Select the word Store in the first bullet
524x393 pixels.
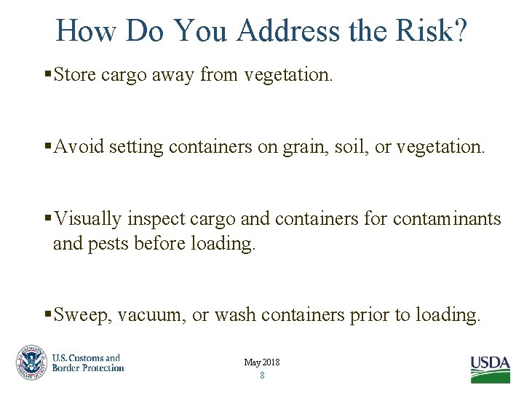[x=76, y=75]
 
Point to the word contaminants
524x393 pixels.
[x=447, y=219]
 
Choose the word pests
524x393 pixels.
[x=108, y=243]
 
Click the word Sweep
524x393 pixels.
[x=81, y=315]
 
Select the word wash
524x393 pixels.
[x=236, y=315]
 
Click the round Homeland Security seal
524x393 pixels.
[x=31, y=362]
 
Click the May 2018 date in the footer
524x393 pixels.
[x=262, y=362]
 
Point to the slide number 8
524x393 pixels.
[x=262, y=376]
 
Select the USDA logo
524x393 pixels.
[x=490, y=368]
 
